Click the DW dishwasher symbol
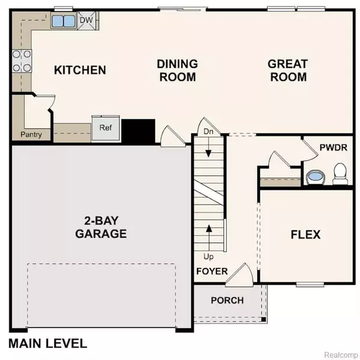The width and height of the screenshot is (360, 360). [x=86, y=20]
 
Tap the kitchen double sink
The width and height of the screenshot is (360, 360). [x=64, y=21]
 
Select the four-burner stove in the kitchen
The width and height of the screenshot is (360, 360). [x=22, y=61]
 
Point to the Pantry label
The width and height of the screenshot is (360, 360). [x=31, y=134]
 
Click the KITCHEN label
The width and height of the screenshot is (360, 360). [x=80, y=70]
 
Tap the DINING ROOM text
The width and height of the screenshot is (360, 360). [x=178, y=70]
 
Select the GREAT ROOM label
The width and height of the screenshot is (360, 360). [x=288, y=70]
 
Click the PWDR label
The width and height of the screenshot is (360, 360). [x=334, y=148]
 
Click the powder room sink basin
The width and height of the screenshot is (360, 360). [x=316, y=176]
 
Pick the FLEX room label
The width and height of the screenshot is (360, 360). [x=305, y=235]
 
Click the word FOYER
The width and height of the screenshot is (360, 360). [x=212, y=271]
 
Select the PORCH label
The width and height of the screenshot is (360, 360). [x=227, y=301]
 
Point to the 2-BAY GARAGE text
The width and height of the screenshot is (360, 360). [x=101, y=227]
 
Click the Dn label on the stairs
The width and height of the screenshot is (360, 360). [x=208, y=131]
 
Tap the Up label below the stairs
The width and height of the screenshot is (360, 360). [x=208, y=257]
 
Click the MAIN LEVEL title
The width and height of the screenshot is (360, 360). [x=48, y=344]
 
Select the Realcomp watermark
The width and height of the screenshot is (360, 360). [x=341, y=355]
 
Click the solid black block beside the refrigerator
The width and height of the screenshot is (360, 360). [x=138, y=131]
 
